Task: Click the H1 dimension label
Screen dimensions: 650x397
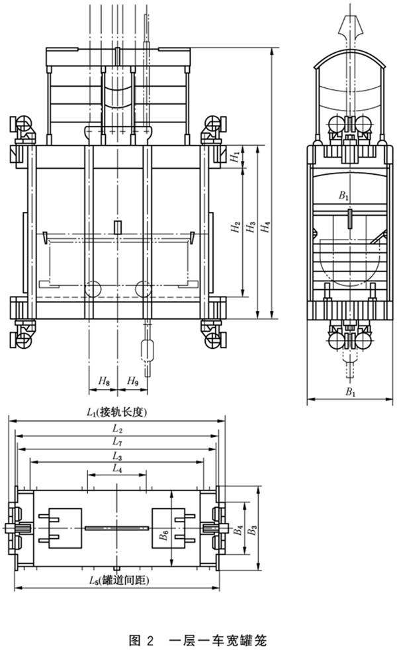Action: coord(234,156)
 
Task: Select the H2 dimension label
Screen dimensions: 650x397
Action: coord(234,229)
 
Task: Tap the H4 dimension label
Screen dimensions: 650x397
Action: coord(265,228)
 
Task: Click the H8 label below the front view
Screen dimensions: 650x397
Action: coord(103,381)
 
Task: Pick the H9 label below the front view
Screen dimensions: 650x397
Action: coord(132,381)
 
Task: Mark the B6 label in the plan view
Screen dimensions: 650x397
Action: coord(163,537)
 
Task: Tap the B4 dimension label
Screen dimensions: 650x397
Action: coord(237,531)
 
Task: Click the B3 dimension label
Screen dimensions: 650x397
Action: coord(251,531)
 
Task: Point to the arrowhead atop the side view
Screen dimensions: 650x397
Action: coord(349,26)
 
